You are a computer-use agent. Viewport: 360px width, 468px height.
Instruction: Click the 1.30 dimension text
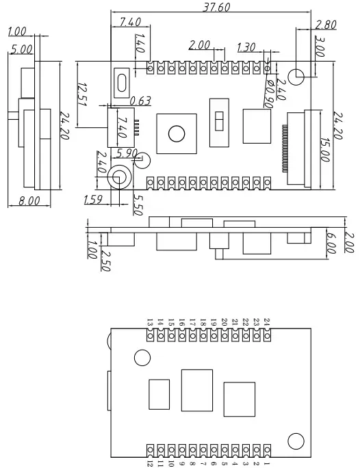tap(246, 47)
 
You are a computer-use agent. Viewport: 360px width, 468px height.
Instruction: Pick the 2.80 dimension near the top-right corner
tap(326, 25)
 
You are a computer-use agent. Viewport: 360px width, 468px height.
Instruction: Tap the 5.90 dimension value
tap(128, 153)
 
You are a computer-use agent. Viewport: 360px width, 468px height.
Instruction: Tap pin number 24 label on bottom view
tap(267, 321)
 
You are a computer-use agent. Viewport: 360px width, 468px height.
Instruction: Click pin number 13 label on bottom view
tap(150, 322)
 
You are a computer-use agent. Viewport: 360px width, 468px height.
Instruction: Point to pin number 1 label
tap(267, 463)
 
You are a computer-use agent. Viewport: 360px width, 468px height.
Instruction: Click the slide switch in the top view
tap(219, 121)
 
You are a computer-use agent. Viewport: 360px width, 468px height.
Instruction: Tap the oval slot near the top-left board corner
tap(122, 82)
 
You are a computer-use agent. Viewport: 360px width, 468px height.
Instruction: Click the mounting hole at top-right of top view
tap(296, 77)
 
